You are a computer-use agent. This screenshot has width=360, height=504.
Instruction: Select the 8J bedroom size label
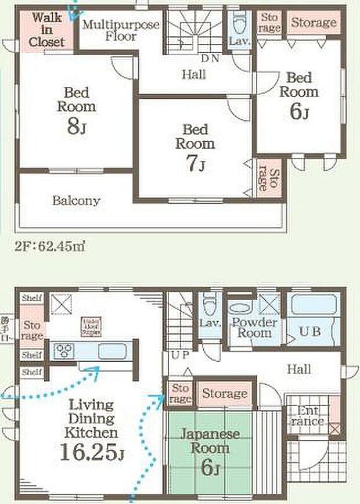(76, 127)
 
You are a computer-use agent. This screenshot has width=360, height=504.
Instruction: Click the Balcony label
(76, 201)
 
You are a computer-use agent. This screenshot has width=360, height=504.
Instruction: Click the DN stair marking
(210, 59)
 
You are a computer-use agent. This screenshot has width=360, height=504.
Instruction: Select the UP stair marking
(178, 354)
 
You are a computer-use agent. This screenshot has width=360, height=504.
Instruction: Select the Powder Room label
(254, 327)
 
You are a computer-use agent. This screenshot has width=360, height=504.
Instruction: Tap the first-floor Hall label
(298, 369)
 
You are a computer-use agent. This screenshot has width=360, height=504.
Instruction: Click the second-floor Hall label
(193, 74)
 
